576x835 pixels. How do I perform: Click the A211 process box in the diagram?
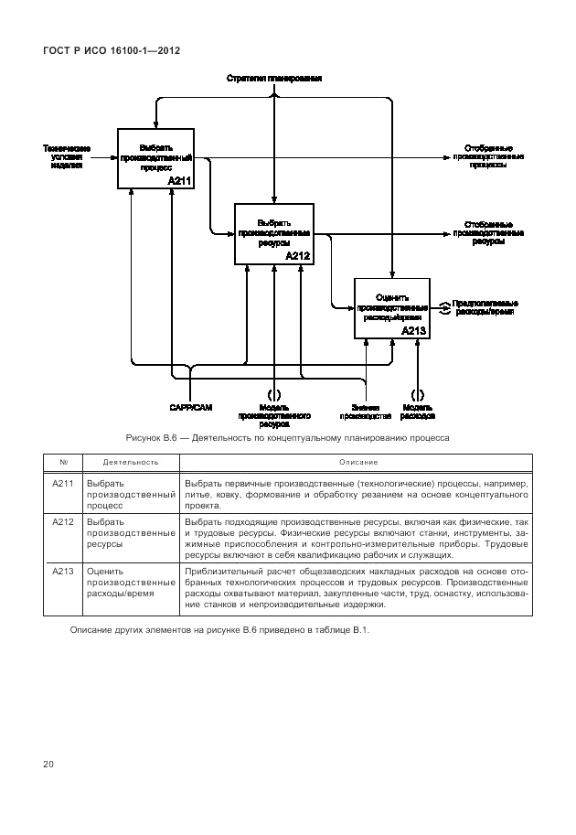(x=155, y=159)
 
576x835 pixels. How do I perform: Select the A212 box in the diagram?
(x=274, y=234)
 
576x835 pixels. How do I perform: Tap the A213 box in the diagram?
(x=391, y=307)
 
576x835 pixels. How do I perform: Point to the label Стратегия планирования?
(x=274, y=80)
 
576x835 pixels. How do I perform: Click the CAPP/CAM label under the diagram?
(x=190, y=408)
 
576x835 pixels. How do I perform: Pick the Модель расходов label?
(x=417, y=412)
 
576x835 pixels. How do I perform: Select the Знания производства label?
(x=366, y=412)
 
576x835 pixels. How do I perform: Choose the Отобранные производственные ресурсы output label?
(x=487, y=232)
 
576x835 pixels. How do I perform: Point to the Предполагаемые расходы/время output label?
(x=485, y=307)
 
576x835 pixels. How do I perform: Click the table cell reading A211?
(x=62, y=482)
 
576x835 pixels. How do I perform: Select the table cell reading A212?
(x=62, y=521)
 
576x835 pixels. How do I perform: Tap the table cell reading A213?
(x=62, y=572)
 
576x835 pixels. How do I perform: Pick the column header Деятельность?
(x=130, y=462)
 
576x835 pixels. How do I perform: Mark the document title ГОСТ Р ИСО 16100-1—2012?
(x=111, y=50)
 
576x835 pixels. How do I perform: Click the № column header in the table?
(x=62, y=462)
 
